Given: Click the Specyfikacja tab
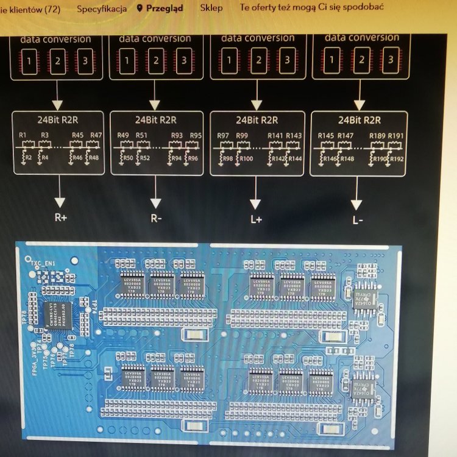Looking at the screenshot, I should pos(102,9).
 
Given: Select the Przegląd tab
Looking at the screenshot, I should pos(165,9).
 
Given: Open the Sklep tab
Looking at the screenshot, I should pos(211,9).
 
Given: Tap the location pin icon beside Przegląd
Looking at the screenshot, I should pos(140,9).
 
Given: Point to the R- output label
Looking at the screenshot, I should pos(157,218).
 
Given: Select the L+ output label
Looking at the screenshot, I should pos(255,219).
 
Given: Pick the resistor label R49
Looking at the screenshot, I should pos(123,135).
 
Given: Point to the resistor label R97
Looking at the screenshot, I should pos(224,135).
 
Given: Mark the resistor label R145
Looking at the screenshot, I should pos(326,135).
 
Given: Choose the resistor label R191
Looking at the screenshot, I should pos(396,135).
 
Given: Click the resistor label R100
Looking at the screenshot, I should pos(246,159).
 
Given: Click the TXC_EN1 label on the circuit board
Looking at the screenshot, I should pos(44,263).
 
